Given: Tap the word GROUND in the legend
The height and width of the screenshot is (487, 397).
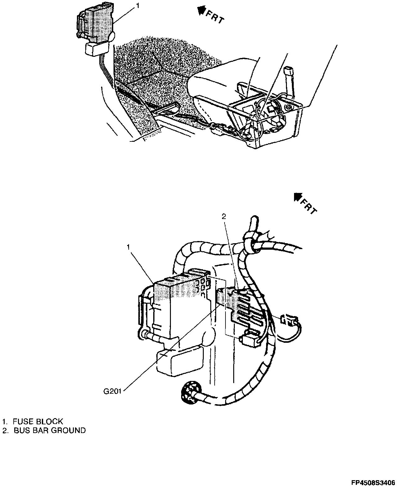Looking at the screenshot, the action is [x=68, y=430].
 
